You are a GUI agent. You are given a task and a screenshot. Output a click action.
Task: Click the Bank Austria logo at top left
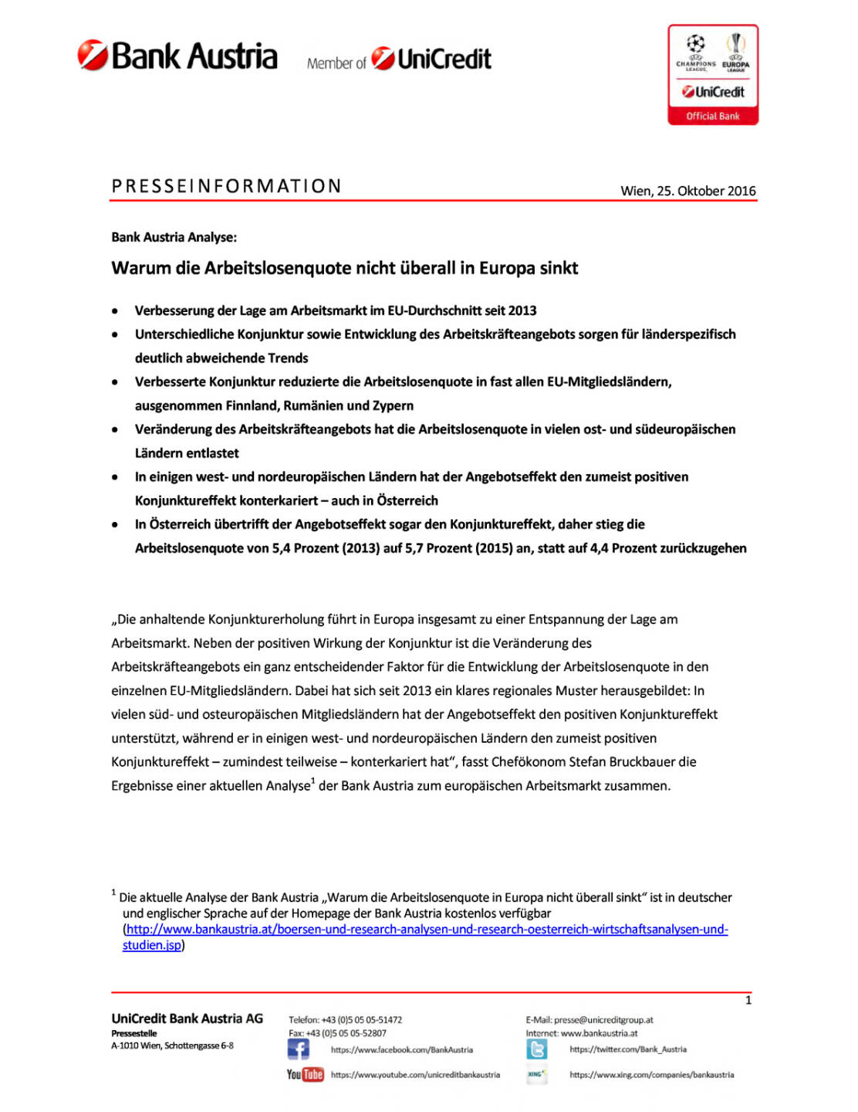pyautogui.click(x=177, y=56)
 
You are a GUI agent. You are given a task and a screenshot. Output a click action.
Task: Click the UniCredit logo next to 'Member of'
pyautogui.click(x=431, y=59)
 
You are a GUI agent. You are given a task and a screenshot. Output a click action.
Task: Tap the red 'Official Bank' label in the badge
pyautogui.click(x=713, y=117)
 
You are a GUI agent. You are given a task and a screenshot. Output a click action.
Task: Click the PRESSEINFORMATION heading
pyautogui.click(x=227, y=186)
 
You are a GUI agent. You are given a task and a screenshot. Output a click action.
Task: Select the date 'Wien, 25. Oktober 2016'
pyautogui.click(x=687, y=191)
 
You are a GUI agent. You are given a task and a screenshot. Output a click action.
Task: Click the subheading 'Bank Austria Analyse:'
pyautogui.click(x=174, y=237)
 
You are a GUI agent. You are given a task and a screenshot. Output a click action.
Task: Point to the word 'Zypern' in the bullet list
pyautogui.click(x=394, y=405)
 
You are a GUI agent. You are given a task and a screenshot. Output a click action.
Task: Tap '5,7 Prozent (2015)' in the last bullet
pyautogui.click(x=455, y=548)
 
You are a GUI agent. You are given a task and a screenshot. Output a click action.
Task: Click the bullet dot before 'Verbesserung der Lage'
pyautogui.click(x=115, y=311)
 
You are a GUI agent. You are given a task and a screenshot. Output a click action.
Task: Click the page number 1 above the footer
pyautogui.click(x=748, y=1001)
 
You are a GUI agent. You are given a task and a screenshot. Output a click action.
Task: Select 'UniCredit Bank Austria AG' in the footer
pyautogui.click(x=187, y=1019)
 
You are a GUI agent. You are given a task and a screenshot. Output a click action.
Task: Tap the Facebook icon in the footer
pyautogui.click(x=298, y=1049)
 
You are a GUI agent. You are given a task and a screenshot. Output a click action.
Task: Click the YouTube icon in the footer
pyautogui.click(x=305, y=1074)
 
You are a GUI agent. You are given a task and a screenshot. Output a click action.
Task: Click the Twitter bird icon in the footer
pyautogui.click(x=537, y=1049)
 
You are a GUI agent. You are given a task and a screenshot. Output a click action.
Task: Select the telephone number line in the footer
pyautogui.click(x=345, y=1020)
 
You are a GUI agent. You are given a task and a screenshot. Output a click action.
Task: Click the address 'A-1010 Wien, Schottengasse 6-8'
pyautogui.click(x=172, y=1046)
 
